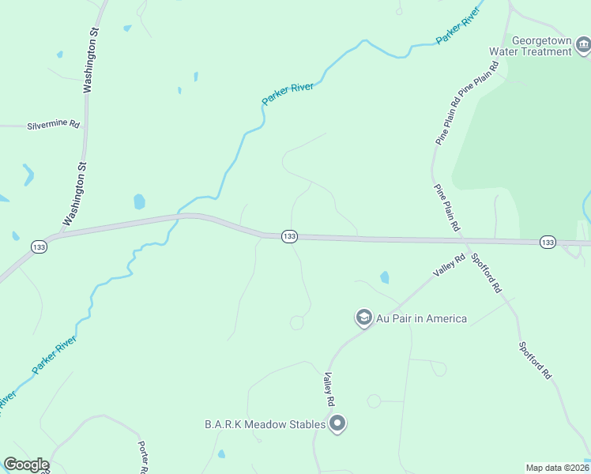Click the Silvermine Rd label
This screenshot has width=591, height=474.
tap(54, 125)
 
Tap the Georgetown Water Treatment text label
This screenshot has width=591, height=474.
tap(541, 46)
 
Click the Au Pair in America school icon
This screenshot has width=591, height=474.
tap(363, 318)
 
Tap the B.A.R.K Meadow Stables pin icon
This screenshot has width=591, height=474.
tap(337, 424)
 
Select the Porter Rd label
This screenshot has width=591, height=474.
tap(145, 456)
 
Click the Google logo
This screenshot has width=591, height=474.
tap(26, 465)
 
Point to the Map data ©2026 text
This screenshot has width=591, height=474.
tap(557, 467)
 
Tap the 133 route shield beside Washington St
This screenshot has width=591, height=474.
tap(38, 247)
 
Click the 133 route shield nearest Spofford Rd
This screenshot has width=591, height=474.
tap(548, 241)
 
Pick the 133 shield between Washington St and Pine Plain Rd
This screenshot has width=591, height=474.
tap(289, 236)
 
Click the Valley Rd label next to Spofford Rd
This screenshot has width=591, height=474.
tap(449, 264)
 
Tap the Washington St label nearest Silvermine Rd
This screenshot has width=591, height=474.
tap(91, 63)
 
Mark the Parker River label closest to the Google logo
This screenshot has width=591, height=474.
tap(54, 355)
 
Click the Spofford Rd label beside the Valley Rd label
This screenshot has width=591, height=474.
tap(486, 273)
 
